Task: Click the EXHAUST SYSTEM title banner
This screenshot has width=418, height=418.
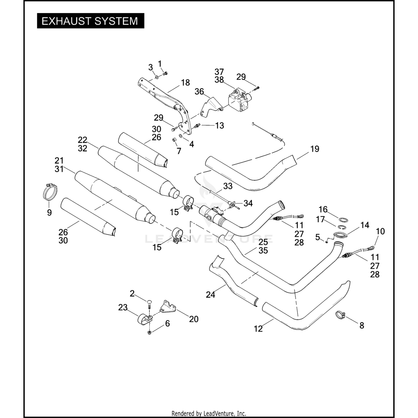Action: pos(91,21)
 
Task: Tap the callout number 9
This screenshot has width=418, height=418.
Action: pos(49,213)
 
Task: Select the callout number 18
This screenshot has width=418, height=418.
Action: pos(185,82)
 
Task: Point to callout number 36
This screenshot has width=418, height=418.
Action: pos(199,91)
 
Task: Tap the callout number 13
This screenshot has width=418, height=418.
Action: pos(220,126)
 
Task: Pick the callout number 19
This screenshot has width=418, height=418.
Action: pos(315,149)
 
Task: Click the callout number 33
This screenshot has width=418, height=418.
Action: pos(228,186)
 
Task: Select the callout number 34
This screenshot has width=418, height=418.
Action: pos(248,203)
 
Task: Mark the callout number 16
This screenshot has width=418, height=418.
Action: pos(323,209)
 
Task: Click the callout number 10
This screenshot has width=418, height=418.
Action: pos(380,231)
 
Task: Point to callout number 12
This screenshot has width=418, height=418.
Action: pos(258,329)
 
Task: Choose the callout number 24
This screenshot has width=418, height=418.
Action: pos(210,295)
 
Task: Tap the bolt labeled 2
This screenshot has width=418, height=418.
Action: pos(149,304)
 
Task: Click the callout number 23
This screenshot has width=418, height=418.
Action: pos(123,307)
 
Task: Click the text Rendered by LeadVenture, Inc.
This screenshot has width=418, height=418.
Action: pos(209,414)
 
